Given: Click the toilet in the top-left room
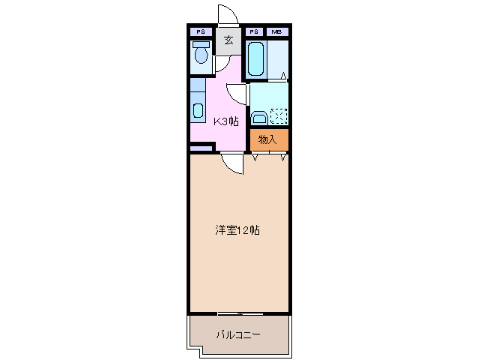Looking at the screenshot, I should (x=200, y=55).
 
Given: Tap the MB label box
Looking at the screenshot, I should (x=276, y=32).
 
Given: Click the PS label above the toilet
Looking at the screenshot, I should (x=200, y=32).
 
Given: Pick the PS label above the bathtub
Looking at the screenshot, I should (x=254, y=32).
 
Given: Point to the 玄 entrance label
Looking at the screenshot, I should (x=229, y=40).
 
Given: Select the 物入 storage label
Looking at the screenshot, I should (x=267, y=139).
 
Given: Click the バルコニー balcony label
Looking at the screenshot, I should (x=238, y=334).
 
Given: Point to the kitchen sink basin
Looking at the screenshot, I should (x=198, y=110).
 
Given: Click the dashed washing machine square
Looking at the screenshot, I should (x=279, y=116).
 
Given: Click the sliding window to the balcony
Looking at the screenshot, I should (x=240, y=313).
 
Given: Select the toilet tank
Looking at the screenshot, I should (x=200, y=45).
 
